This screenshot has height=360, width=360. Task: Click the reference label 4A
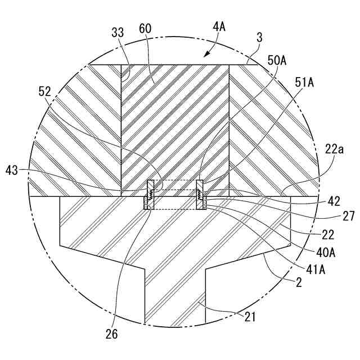(219, 27)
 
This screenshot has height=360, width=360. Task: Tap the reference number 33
(118, 33)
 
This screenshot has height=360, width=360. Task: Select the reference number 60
(145, 29)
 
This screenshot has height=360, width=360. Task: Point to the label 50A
(277, 61)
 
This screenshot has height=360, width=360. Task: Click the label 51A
(304, 83)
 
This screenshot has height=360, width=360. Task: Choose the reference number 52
(44, 92)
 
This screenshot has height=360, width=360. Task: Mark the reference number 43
(12, 170)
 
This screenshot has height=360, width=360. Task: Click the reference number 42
(334, 201)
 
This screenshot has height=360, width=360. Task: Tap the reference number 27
(349, 217)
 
